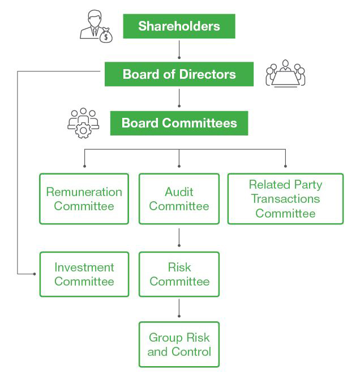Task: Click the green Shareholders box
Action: (179, 26)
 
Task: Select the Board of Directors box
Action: (179, 74)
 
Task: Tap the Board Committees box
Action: (179, 123)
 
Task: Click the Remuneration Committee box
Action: (84, 199)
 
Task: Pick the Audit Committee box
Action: (179, 199)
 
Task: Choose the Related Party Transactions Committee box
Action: (285, 199)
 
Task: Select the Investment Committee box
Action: (84, 274)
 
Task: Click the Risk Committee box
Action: (179, 274)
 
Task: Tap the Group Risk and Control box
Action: (179, 345)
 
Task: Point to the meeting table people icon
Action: (285, 74)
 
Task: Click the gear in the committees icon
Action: (83, 130)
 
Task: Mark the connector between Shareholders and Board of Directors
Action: (179, 49)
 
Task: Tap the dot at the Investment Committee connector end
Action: (35, 274)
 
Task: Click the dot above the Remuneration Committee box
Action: (84, 166)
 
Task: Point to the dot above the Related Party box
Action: (285, 166)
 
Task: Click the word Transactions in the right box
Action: (285, 199)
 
